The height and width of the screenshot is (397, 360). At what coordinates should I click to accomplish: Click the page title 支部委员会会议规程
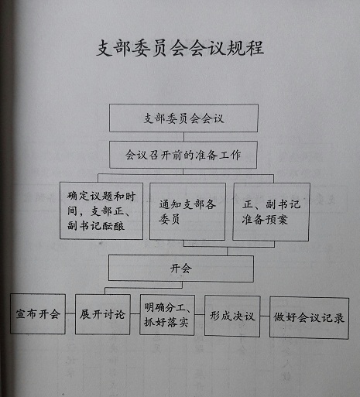coord(180,48)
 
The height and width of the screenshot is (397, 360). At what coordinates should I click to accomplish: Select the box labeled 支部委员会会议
coord(183,118)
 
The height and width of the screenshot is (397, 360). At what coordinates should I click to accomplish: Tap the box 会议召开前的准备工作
coord(183,155)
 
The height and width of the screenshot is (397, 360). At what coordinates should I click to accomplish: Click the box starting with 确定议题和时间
coord(101,211)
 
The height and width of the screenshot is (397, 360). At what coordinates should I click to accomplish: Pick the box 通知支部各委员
coord(187,211)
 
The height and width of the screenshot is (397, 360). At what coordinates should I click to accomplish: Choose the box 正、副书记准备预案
coord(271,212)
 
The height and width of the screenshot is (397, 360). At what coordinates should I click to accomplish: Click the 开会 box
coord(181,269)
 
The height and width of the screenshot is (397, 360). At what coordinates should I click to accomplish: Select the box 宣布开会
coord(38,314)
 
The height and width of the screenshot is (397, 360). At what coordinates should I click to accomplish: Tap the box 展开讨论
coord(103,314)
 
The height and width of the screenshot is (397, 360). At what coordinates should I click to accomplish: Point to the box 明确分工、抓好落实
coord(167,315)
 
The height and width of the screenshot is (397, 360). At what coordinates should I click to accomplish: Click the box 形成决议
coord(232,317)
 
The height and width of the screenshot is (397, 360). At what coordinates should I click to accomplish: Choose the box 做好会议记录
coord(309,318)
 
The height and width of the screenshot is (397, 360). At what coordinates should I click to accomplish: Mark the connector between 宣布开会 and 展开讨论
coord(70,313)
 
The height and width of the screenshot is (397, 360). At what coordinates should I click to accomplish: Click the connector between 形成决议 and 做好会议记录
coord(265,316)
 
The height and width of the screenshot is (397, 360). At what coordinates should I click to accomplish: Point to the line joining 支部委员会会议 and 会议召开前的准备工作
coord(183,137)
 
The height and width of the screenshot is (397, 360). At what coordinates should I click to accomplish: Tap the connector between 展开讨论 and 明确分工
coord(135,314)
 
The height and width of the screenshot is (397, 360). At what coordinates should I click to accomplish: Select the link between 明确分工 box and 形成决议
coord(200,314)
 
